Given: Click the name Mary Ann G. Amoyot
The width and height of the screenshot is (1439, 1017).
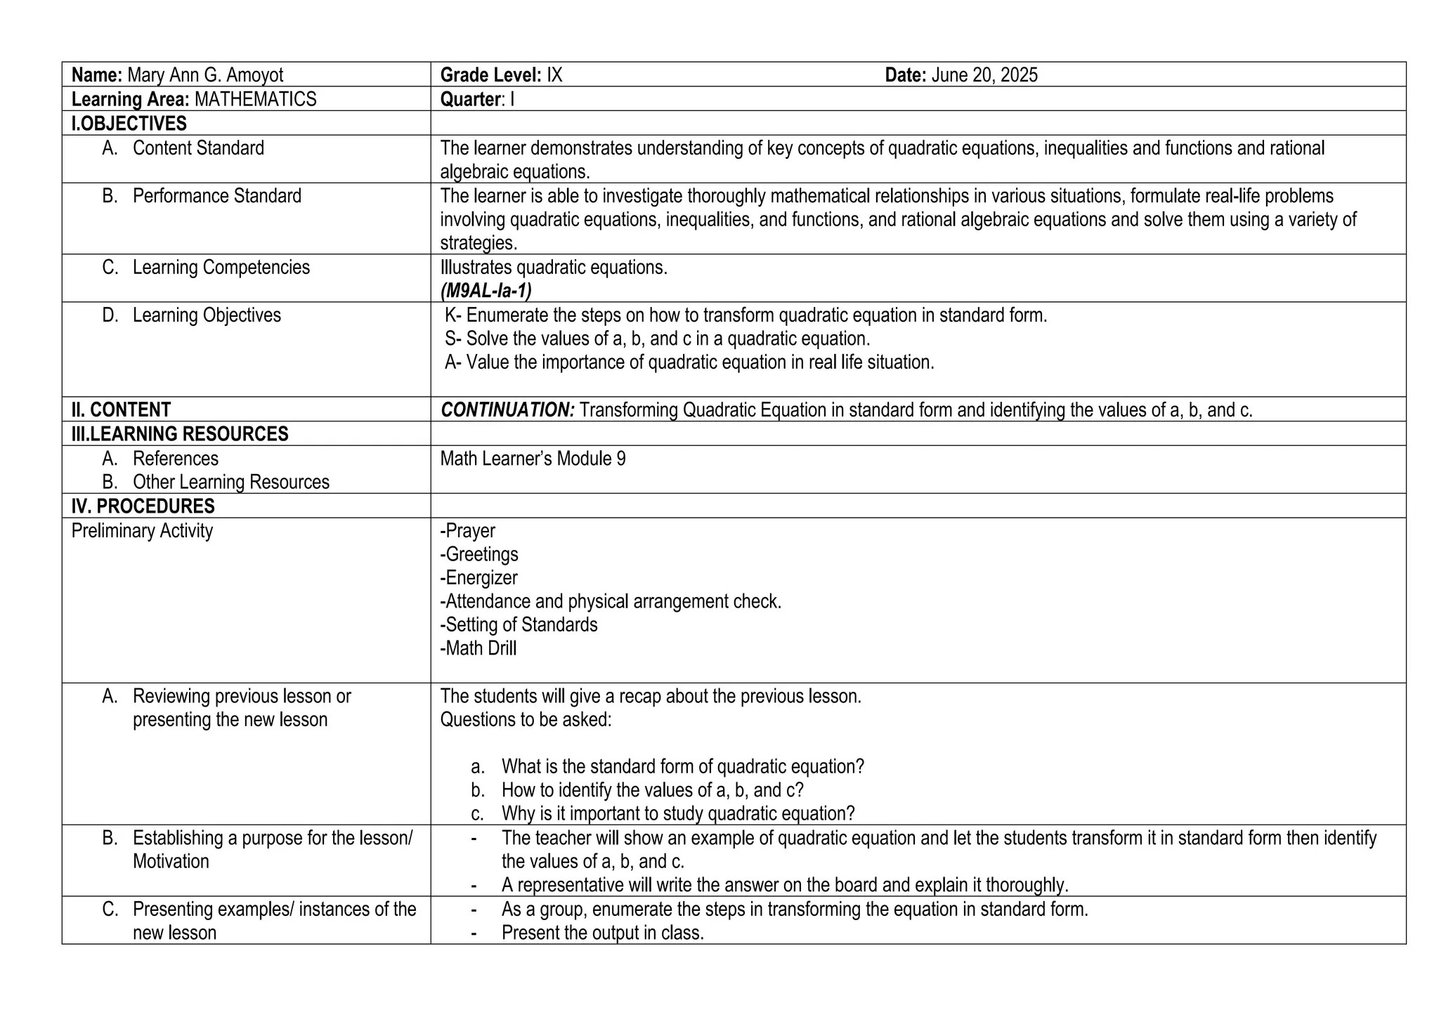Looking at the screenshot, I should click(x=205, y=75).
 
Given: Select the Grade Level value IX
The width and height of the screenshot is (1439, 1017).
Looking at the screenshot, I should click(x=554, y=75).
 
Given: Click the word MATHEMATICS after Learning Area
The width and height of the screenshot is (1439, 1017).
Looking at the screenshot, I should click(x=255, y=99).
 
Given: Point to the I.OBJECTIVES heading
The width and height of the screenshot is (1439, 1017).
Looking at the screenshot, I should click(x=129, y=124).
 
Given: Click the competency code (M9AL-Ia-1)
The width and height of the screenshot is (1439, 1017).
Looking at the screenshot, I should click(x=486, y=291).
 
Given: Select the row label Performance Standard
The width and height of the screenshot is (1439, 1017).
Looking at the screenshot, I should click(x=216, y=196).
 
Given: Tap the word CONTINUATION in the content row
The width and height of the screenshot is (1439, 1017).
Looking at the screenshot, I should click(x=507, y=410).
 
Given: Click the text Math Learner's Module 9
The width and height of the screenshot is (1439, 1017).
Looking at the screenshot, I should click(x=533, y=459).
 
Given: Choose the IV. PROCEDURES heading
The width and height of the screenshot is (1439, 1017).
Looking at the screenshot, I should click(x=143, y=506).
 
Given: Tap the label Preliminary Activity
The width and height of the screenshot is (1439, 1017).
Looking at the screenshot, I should click(x=142, y=531).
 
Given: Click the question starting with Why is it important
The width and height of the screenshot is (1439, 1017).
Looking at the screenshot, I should click(x=677, y=814).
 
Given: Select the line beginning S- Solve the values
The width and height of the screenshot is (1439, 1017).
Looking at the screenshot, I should click(x=657, y=339).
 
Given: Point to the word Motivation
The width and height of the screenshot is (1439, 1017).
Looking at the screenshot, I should click(x=171, y=862).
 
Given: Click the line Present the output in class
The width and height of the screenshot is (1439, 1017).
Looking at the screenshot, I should click(x=602, y=933).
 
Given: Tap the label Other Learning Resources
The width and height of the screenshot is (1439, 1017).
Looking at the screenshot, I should click(x=230, y=483).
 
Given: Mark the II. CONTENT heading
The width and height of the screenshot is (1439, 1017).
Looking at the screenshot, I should click(x=121, y=410).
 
